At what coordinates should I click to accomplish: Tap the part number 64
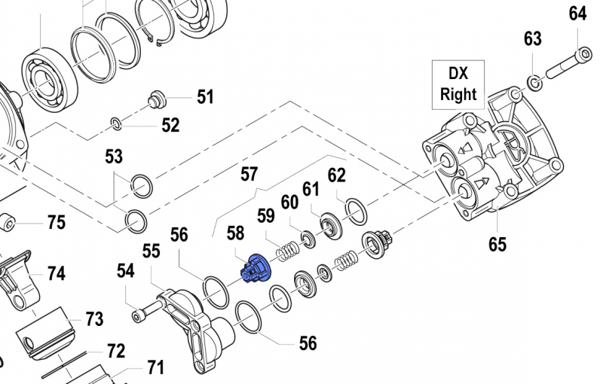coord(577,14)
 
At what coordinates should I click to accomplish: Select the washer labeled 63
coord(533,81)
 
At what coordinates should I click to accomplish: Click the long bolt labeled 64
coord(565,66)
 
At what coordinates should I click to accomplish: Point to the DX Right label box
coord(458,84)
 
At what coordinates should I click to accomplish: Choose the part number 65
coord(497,244)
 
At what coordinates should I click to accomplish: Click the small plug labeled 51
coord(158,97)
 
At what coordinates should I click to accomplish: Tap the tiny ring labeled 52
coord(116,123)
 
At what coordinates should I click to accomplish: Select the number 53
coord(114,157)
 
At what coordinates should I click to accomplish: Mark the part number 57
coord(249,175)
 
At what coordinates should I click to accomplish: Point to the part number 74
coord(57,273)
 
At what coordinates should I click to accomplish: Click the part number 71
coord(155,368)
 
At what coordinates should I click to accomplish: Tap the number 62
coord(336,175)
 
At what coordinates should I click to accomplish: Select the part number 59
coord(265,215)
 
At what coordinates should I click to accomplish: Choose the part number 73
coord(93,320)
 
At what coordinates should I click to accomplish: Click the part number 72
coord(115,351)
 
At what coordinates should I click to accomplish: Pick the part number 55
coord(152,251)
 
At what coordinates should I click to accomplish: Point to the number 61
coord(311,187)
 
